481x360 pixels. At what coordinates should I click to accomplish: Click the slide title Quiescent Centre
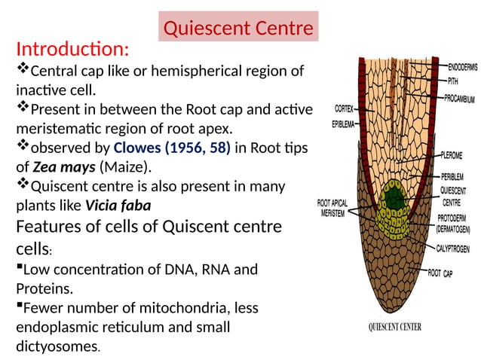237,29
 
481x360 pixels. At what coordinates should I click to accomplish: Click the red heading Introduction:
72,50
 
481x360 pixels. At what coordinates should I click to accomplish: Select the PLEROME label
456,160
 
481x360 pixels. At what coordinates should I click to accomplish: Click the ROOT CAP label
445,273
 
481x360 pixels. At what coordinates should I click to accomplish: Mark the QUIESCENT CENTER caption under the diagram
394,328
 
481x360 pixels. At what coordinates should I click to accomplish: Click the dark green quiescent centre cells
391,199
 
